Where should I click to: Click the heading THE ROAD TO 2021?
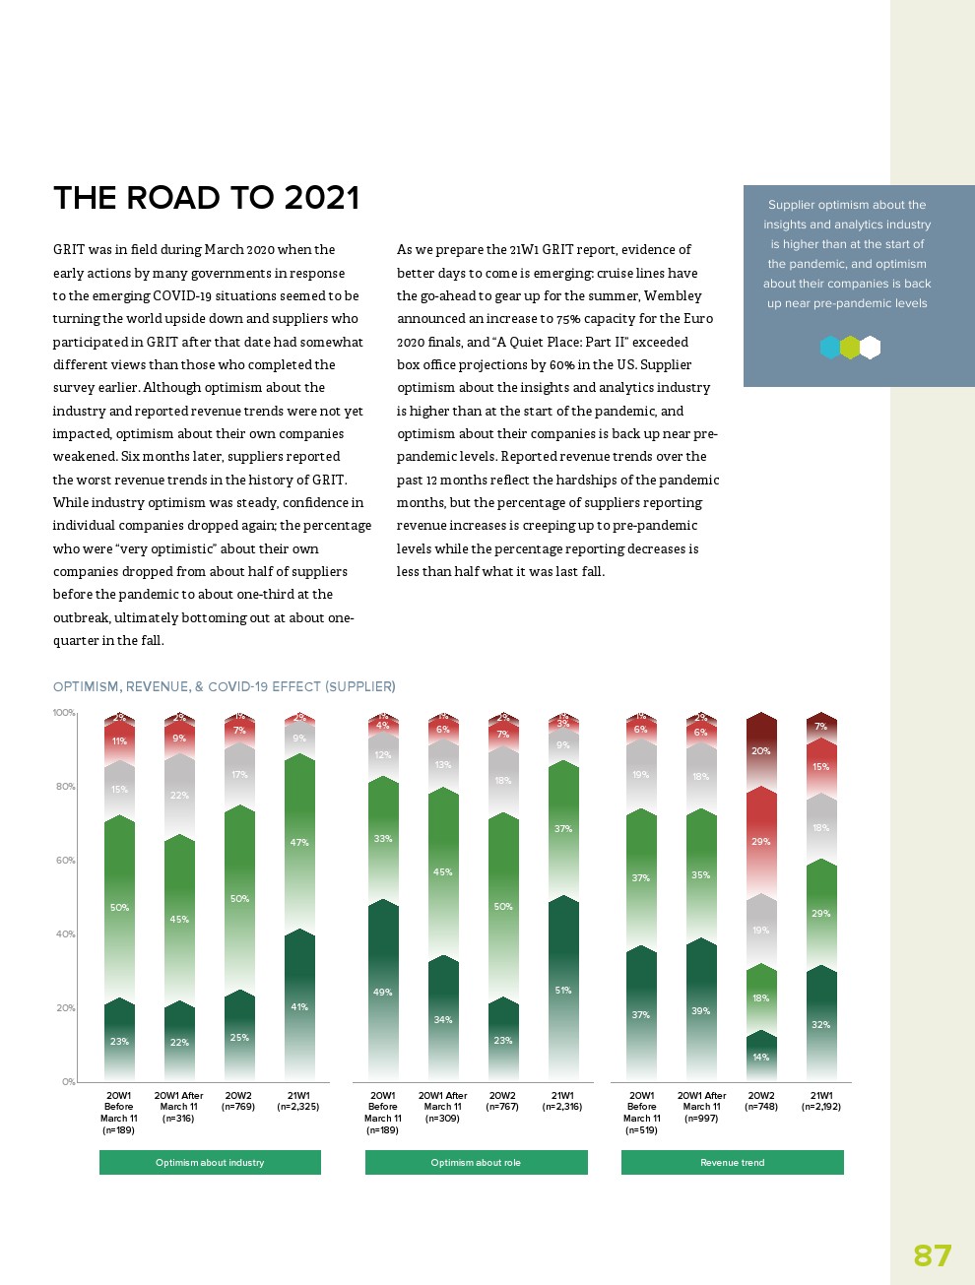click(x=206, y=198)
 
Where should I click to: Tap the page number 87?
click(x=932, y=1255)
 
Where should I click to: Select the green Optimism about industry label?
click(x=210, y=1163)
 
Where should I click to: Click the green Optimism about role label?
click(x=476, y=1163)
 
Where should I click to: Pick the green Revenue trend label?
click(x=732, y=1163)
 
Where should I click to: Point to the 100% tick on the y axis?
click(x=64, y=713)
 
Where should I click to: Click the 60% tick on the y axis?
click(x=65, y=861)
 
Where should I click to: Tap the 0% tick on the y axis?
click(x=68, y=1082)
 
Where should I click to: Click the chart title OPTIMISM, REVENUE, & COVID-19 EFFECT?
click(x=224, y=686)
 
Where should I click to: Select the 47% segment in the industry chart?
click(x=299, y=843)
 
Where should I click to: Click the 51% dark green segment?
click(x=563, y=990)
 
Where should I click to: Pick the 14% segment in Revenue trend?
click(x=761, y=1057)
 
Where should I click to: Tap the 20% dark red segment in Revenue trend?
click(x=761, y=750)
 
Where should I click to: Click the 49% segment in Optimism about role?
click(x=383, y=992)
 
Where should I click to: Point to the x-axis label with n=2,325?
click(x=298, y=1101)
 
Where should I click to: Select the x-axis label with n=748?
click(x=761, y=1101)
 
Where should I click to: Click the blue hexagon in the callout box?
click(x=830, y=348)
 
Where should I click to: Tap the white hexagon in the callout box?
click(x=870, y=348)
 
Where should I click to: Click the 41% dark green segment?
click(x=299, y=1006)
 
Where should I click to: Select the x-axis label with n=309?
click(x=443, y=1107)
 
